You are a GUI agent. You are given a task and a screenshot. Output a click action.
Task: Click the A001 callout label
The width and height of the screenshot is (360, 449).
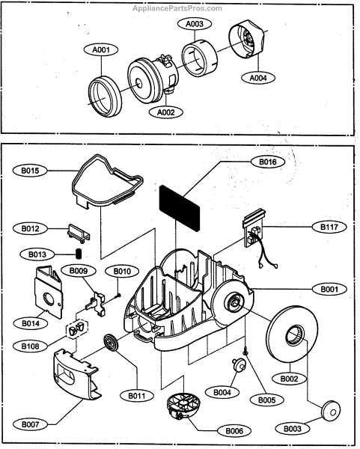click(x=101, y=49)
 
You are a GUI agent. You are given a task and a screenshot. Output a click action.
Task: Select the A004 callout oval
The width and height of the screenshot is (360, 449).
click(x=258, y=78)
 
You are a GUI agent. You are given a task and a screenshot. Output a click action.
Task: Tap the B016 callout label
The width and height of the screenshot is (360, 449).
click(x=268, y=162)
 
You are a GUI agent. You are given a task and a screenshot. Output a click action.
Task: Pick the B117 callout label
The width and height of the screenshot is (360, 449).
click(x=329, y=227)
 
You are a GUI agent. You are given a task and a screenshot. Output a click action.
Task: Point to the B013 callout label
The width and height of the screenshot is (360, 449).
click(x=37, y=254)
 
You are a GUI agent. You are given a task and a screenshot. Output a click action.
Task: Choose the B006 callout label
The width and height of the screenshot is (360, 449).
click(x=234, y=431)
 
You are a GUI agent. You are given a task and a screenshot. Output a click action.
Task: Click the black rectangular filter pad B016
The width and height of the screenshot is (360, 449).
click(x=180, y=208)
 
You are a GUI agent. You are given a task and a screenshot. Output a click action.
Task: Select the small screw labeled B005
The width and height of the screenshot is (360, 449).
click(x=245, y=350)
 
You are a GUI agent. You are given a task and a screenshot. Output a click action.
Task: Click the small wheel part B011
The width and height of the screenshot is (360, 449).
click(x=110, y=343)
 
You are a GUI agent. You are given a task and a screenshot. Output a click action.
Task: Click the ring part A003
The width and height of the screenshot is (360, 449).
click(x=200, y=58)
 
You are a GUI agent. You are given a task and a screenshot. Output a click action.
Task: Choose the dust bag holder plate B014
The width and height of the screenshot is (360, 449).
click(x=48, y=292)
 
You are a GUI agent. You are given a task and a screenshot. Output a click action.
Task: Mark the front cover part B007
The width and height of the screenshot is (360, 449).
click(x=76, y=374)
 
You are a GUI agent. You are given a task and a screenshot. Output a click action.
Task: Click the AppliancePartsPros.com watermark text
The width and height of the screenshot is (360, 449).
click(x=177, y=8)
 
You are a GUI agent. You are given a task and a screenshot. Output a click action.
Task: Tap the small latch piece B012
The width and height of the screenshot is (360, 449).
click(x=79, y=233)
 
